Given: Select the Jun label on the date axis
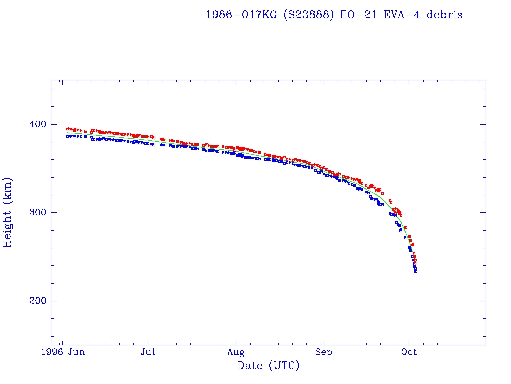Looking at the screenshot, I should [x=76, y=352].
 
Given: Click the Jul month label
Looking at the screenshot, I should [x=148, y=352].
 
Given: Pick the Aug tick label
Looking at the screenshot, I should [x=236, y=352].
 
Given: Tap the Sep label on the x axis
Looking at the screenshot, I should [x=323, y=352].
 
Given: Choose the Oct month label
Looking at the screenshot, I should [x=409, y=352].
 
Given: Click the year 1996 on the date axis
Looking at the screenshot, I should [x=53, y=352].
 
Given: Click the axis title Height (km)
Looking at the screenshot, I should [x=7, y=212].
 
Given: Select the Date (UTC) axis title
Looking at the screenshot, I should [x=268, y=366].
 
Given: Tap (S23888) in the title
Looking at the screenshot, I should [x=309, y=15].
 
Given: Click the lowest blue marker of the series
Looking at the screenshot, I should [x=416, y=271].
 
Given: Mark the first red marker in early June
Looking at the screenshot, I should [x=67, y=129].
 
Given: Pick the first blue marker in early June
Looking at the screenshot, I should [x=67, y=136].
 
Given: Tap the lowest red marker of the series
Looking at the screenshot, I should [x=415, y=263].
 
